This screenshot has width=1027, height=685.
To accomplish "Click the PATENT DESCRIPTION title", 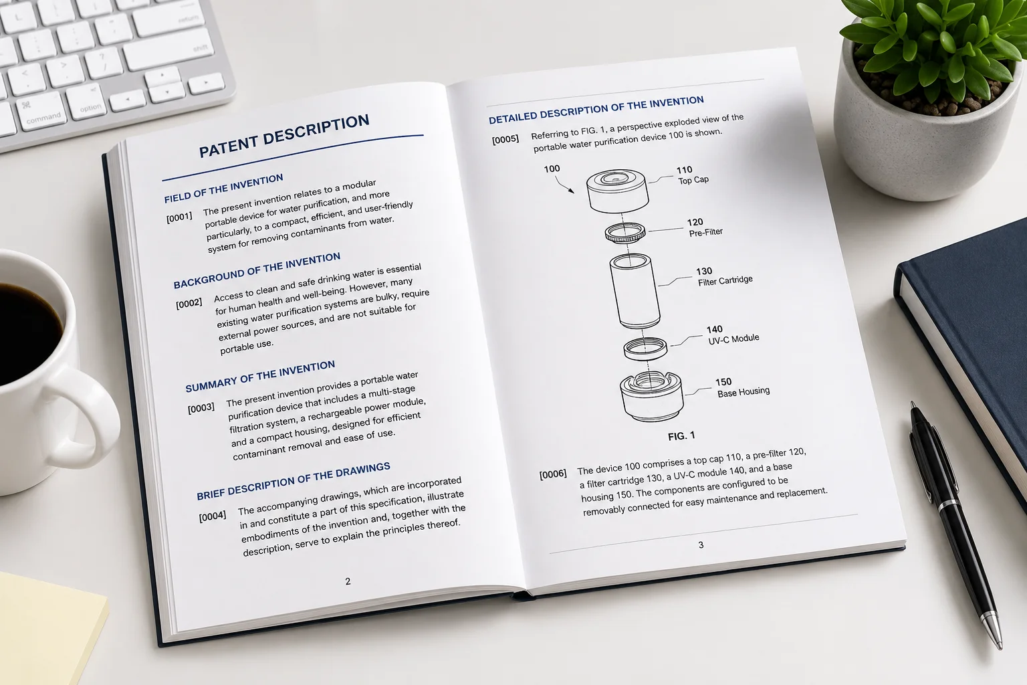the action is [x=283, y=136].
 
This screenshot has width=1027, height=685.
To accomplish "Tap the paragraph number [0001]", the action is [x=179, y=217].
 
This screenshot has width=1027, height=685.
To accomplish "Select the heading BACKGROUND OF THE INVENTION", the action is [x=257, y=270].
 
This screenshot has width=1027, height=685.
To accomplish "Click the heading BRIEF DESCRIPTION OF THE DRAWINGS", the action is [x=294, y=481].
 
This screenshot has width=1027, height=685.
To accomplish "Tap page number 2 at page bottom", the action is [x=348, y=581].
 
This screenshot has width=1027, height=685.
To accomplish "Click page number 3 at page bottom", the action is [x=701, y=545].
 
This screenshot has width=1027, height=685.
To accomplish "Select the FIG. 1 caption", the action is [x=681, y=436].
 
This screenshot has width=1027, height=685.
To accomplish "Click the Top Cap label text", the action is [x=693, y=180].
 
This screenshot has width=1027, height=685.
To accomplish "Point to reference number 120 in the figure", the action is [x=695, y=222].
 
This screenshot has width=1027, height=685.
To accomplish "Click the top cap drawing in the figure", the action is [x=617, y=191].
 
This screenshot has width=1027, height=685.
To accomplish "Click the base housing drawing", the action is [x=651, y=396].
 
